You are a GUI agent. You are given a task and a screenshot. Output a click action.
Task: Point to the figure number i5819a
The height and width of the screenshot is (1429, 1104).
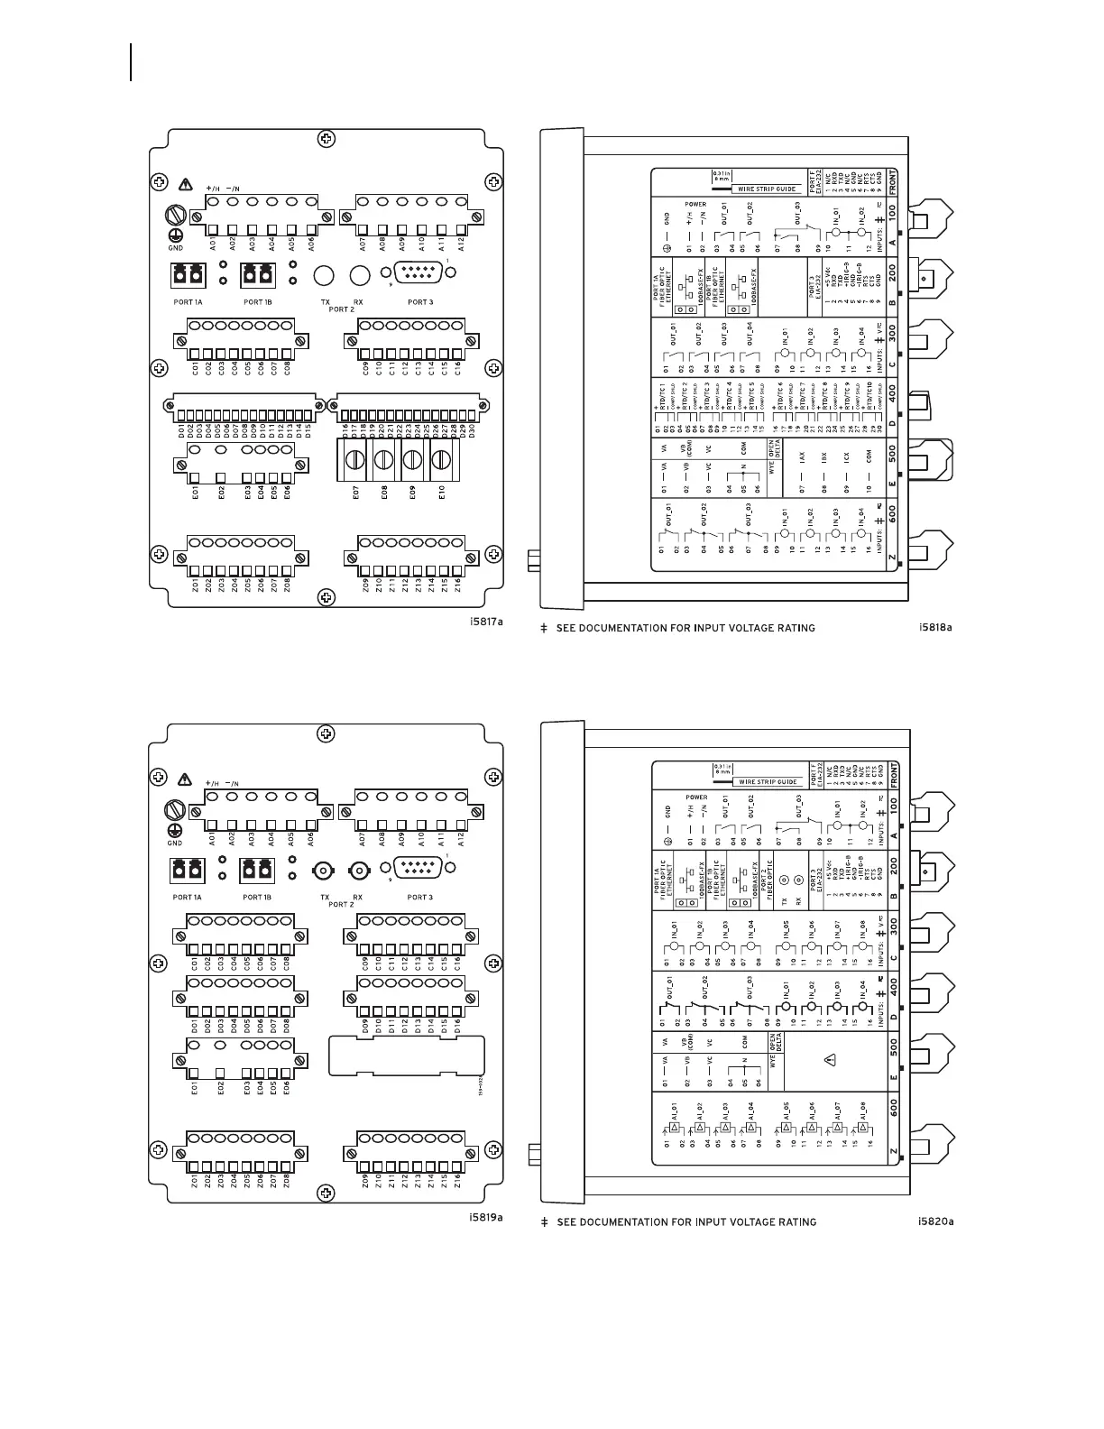point(486,1217)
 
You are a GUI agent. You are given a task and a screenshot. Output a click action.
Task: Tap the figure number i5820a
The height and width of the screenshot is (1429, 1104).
point(935,1222)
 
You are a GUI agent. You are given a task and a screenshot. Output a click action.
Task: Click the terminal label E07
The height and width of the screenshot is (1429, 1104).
point(355,493)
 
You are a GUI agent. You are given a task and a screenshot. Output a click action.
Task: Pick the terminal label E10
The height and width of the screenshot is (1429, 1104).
point(442,493)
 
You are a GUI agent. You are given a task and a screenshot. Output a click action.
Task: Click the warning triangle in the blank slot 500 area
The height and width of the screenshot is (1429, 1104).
point(829,1059)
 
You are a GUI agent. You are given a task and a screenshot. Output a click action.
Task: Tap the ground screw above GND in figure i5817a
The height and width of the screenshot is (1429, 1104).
point(175,217)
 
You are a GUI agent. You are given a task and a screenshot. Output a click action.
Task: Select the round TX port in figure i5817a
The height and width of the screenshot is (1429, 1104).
point(324,275)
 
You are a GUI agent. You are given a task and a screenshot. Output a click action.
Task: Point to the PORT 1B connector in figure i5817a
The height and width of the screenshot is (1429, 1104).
point(257,274)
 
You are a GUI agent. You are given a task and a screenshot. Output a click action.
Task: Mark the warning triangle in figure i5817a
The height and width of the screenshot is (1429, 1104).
point(186,184)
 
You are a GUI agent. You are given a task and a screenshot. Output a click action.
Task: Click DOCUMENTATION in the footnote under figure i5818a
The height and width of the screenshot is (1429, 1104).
point(631,628)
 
